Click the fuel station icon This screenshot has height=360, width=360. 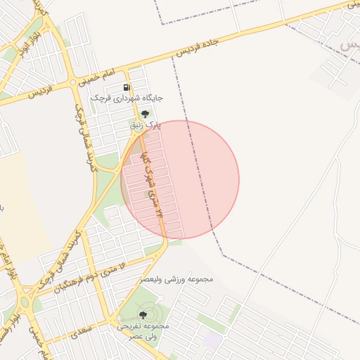(x=127, y=87)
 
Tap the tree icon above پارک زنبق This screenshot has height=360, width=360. (x=145, y=114)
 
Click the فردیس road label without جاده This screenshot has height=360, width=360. (x=25, y=91)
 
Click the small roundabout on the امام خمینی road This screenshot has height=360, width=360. (x=73, y=82)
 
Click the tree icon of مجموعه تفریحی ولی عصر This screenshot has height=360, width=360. (x=144, y=315)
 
